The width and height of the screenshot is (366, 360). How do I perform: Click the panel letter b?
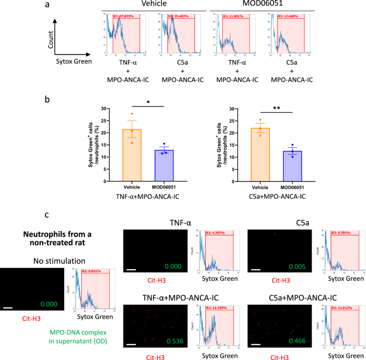click(x=49, y=99)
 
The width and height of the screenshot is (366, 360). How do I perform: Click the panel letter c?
click(x=48, y=215)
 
